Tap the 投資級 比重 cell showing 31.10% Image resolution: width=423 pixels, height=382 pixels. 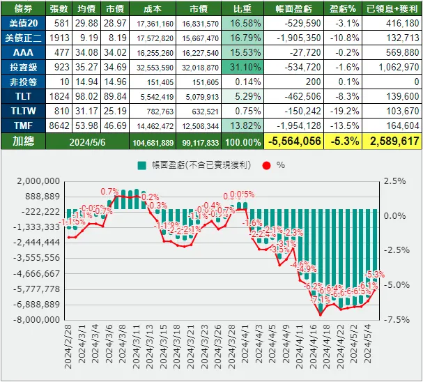[x=241, y=68]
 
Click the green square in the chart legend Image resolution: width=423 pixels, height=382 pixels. [x=141, y=165]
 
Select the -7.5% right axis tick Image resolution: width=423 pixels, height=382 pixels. [x=394, y=319]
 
